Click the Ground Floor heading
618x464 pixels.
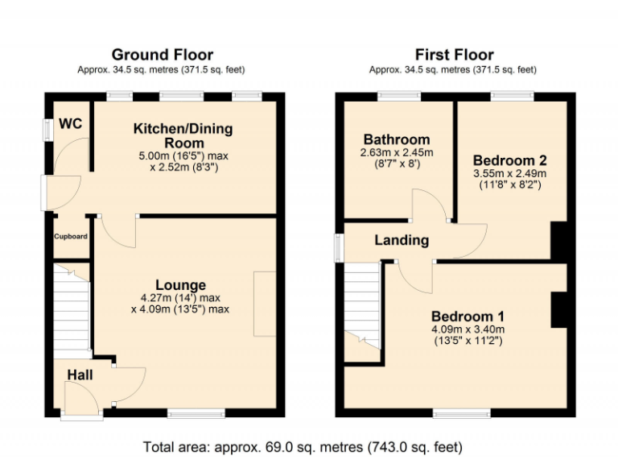pos(162,55)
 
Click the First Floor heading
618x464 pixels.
pos(454,55)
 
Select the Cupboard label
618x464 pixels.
pos(71,236)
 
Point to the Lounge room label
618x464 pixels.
pos(180,285)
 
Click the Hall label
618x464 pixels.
pos(80,375)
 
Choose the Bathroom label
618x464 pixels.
pos(396,139)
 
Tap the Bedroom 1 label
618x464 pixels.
pos(468,315)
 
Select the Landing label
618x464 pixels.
pos(402,240)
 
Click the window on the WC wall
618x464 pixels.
pos(48,129)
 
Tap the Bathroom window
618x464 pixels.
pos(398,97)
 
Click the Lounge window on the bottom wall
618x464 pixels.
pos(196,414)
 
